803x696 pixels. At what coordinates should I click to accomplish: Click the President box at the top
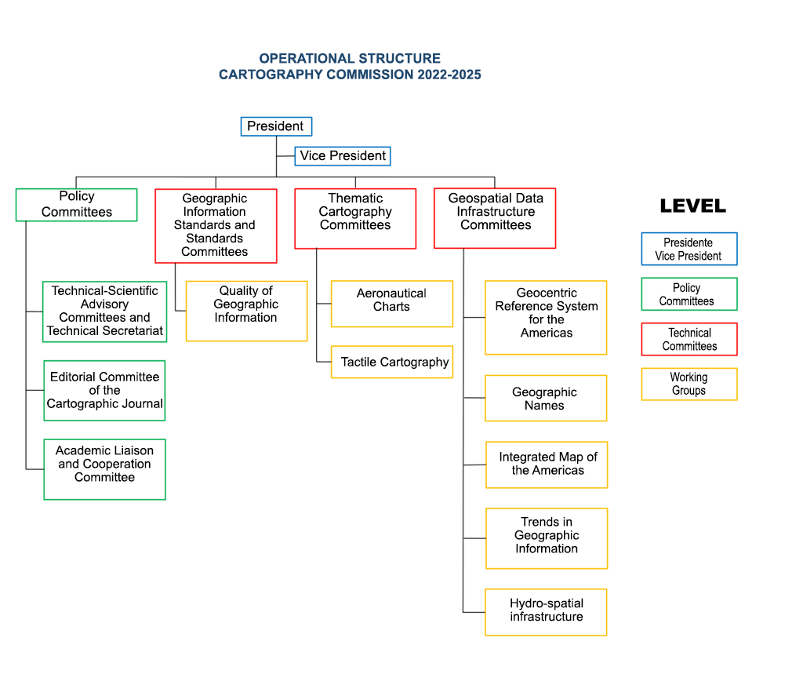click(276, 126)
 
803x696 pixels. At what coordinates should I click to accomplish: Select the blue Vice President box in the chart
click(343, 156)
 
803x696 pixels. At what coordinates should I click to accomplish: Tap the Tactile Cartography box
click(392, 362)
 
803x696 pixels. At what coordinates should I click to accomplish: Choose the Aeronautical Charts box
click(392, 304)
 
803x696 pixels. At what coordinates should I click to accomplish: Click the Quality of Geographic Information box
click(246, 311)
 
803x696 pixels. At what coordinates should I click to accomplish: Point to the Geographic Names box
click(546, 399)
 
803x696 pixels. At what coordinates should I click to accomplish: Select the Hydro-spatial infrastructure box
click(546, 612)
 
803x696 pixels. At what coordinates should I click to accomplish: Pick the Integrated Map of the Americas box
click(547, 465)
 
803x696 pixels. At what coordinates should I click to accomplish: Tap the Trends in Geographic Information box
click(547, 538)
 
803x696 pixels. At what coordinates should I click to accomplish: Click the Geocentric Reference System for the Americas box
click(546, 317)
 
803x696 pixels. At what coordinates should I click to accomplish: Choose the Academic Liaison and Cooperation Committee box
click(104, 469)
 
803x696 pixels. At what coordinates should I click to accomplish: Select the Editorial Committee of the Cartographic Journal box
click(104, 391)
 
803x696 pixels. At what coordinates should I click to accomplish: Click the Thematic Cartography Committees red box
click(355, 218)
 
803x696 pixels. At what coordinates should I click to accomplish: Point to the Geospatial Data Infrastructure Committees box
click(495, 218)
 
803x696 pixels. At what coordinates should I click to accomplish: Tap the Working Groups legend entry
click(689, 384)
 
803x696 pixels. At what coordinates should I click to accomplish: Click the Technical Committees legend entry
click(689, 339)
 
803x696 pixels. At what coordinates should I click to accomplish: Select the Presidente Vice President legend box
click(689, 249)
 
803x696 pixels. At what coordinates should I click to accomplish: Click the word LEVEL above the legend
click(693, 206)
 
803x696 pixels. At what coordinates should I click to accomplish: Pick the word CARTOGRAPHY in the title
click(271, 75)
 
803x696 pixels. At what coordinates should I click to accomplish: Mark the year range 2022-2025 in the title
click(449, 75)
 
